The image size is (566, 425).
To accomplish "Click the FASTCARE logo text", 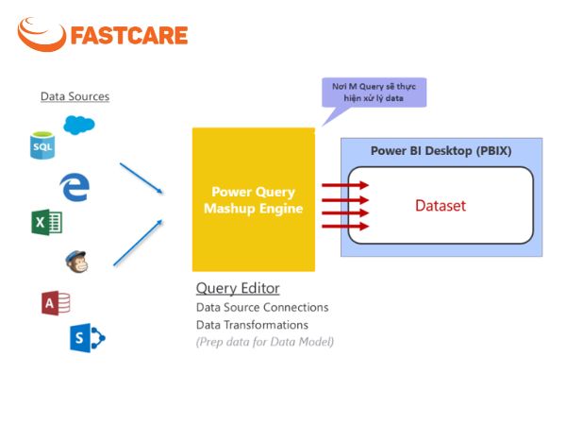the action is (129, 35).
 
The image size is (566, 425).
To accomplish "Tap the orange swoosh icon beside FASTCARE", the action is (42, 35).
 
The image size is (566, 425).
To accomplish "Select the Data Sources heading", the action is (75, 96).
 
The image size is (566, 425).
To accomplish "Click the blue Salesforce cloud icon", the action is (79, 125).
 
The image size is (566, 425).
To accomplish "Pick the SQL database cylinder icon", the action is (42, 145).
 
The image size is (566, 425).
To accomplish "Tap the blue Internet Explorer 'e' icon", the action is (75, 187).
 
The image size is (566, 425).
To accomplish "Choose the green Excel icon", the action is (46, 222).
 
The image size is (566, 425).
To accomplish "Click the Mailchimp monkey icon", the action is (76, 262).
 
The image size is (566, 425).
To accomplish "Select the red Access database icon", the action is (56, 303).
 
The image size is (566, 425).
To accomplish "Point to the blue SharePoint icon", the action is (88, 338).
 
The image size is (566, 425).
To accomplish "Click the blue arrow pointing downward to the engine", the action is (141, 178).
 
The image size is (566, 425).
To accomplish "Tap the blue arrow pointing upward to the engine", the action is (138, 243).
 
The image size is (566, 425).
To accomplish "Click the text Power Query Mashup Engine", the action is (254, 200).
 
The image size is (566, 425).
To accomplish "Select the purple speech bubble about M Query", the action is (374, 93).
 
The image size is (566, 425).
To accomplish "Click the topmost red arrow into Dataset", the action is (345, 185).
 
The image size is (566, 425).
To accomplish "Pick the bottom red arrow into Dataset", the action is (345, 227).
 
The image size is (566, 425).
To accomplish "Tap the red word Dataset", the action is (441, 205).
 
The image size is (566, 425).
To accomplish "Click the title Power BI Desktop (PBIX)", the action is (441, 151).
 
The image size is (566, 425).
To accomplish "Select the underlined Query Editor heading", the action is (238, 288).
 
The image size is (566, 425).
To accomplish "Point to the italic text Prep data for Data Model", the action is (264, 342).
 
